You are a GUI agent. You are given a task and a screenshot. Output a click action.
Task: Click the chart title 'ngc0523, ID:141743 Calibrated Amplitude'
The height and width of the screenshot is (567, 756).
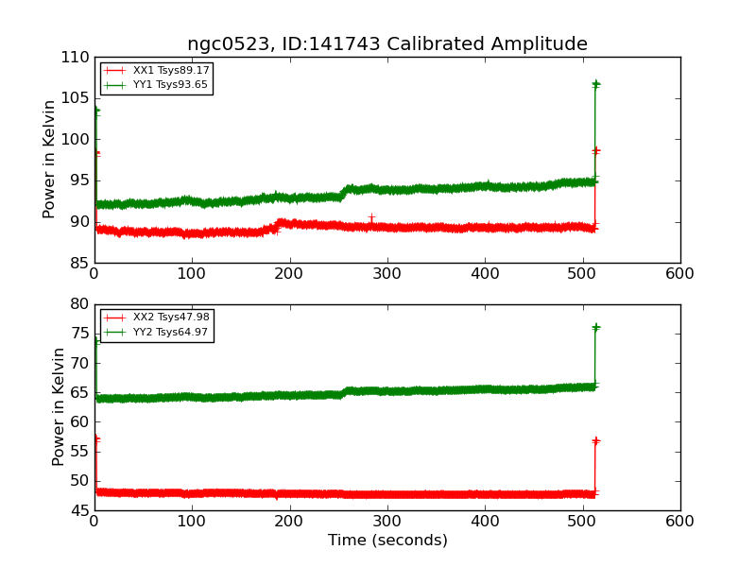pos(387,44)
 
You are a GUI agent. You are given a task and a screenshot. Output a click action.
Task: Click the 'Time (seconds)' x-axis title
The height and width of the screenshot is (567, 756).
pos(387,541)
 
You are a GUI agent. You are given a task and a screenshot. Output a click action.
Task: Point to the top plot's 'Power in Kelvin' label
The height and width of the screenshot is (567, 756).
pos(50,159)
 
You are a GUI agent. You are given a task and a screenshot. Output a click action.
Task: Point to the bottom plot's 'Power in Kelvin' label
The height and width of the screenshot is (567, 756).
pos(60,406)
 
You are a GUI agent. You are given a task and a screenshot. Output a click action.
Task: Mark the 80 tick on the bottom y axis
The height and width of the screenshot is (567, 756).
pos(79,304)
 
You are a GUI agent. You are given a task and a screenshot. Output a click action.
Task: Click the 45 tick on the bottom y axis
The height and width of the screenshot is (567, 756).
pos(79,511)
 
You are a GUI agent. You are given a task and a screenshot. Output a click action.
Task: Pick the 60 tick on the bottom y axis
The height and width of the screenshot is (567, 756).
pos(79,422)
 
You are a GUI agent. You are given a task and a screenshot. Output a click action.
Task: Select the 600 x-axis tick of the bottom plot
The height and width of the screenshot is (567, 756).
pos(679,521)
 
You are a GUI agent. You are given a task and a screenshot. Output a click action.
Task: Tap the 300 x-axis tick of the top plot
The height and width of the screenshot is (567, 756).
pos(387,273)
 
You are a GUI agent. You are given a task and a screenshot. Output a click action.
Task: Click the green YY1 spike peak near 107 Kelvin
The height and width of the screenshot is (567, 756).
pos(595,83)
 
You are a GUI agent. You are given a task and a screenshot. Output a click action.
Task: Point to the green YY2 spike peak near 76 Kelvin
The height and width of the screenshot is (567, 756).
pos(595,327)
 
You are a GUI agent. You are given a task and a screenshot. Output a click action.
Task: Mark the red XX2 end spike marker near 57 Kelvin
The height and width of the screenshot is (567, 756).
pos(595,440)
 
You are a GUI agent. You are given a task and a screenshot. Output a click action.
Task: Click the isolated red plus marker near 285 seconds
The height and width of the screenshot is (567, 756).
pos(371,217)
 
